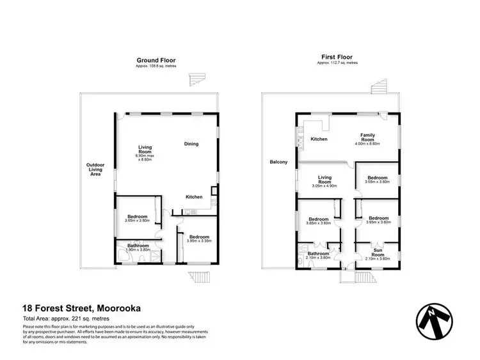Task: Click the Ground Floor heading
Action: pos(156,60)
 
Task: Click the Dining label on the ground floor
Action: pos(191,144)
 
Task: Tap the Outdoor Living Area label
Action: pos(95,169)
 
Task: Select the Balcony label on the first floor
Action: pos(278,162)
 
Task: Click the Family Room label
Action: pos(367,137)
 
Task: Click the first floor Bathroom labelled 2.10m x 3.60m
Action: pos(318,255)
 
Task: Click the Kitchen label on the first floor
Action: pos(319,139)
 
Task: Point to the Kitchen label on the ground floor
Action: pos(195,196)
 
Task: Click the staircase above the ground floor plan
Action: pos(195,80)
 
